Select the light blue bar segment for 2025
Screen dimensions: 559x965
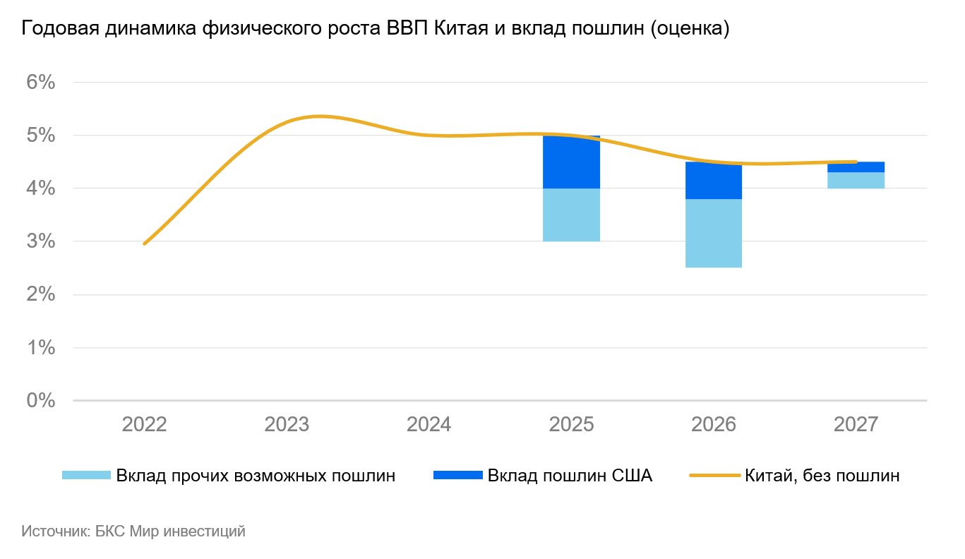[x=571, y=215]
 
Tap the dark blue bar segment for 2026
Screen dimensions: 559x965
[x=713, y=181]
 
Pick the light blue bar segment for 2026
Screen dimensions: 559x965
[x=713, y=233]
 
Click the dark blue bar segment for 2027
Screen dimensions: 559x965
[x=856, y=167]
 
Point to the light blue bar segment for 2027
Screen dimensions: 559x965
[x=856, y=180]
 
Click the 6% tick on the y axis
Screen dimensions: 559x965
[x=41, y=82]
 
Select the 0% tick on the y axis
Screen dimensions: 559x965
[x=41, y=401]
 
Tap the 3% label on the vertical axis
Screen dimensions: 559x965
[x=41, y=241]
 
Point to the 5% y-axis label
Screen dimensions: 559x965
[x=41, y=135]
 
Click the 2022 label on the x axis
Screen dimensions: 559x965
[x=145, y=425]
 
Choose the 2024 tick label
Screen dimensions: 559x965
[x=429, y=425]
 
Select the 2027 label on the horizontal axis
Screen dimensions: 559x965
[x=856, y=425]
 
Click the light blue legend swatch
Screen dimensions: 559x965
[x=87, y=476]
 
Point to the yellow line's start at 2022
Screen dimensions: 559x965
[x=145, y=244]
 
